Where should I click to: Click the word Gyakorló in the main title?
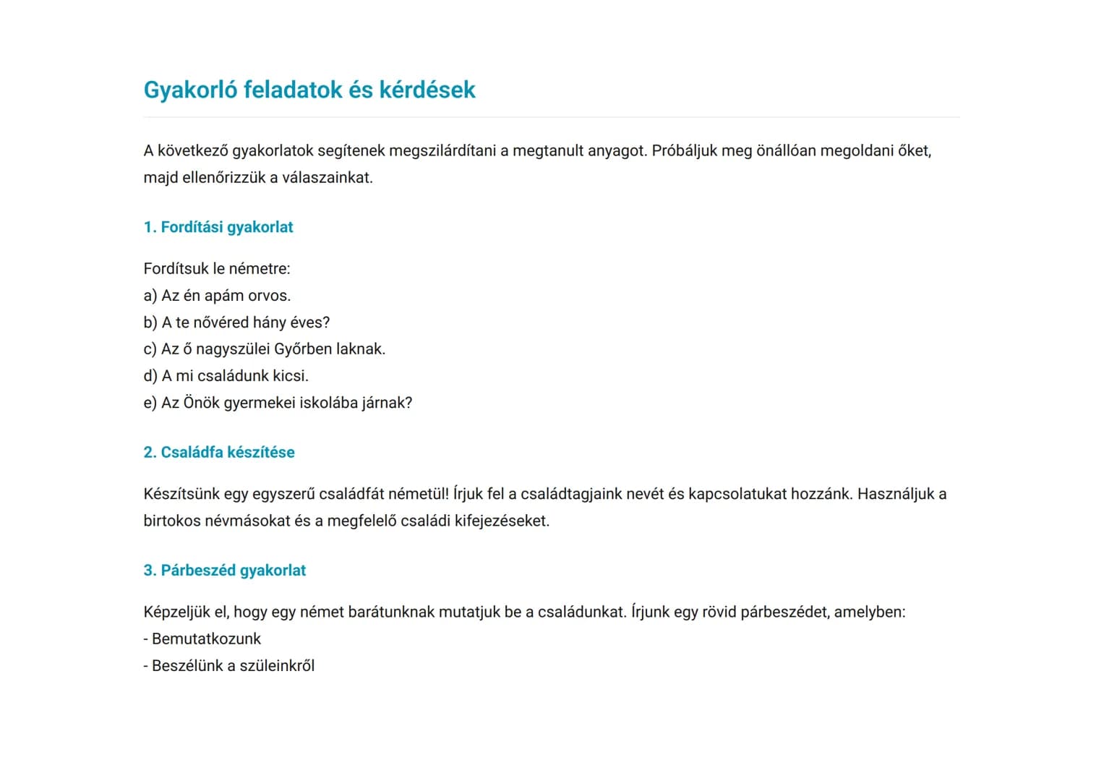(190, 90)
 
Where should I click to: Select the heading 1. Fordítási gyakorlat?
(218, 227)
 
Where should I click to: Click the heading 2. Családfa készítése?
(219, 452)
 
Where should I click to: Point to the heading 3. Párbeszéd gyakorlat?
(225, 571)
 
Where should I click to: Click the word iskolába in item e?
(328, 403)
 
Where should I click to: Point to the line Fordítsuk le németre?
(217, 269)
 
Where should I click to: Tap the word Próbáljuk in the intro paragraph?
(684, 151)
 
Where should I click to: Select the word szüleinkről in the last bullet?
(277, 666)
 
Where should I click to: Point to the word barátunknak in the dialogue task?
(391, 613)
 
